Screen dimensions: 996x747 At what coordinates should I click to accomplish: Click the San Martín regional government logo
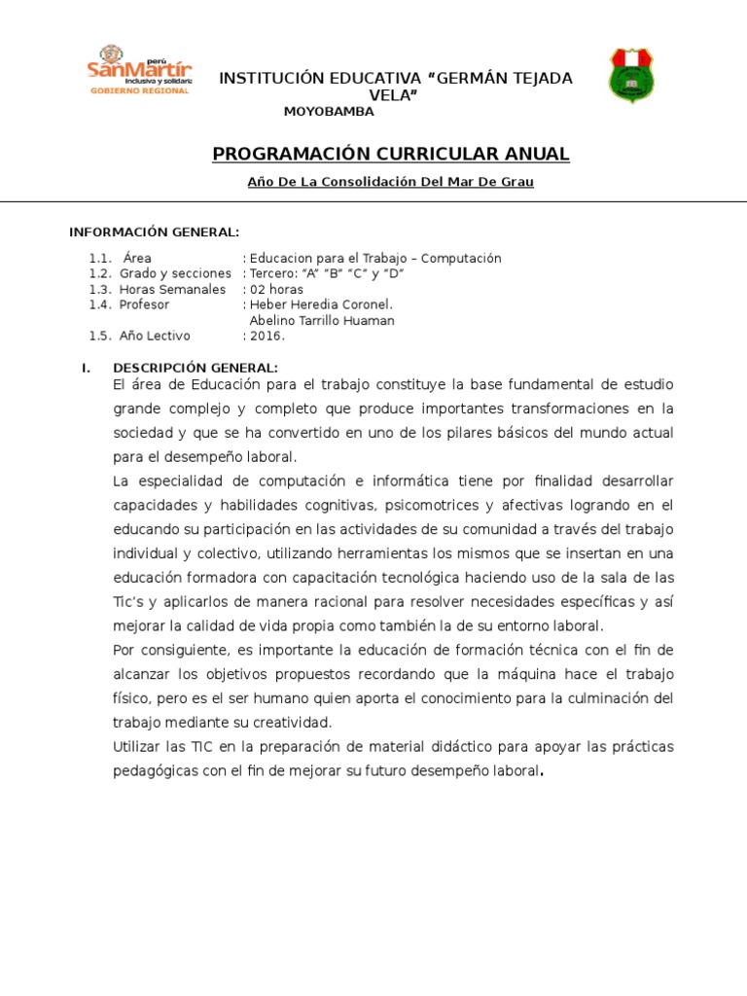[x=139, y=70]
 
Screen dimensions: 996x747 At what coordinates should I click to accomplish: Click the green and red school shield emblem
[x=631, y=75]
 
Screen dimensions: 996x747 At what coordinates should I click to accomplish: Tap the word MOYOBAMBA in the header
[x=329, y=112]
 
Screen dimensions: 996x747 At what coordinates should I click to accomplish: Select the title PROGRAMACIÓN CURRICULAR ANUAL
[x=391, y=155]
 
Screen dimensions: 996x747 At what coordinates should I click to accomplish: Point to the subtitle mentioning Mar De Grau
[x=392, y=183]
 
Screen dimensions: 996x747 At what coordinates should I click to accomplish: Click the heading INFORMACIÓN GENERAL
[x=154, y=231]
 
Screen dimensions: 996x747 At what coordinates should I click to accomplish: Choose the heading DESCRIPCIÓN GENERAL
[x=196, y=368]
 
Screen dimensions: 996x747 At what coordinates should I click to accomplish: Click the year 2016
[x=267, y=337]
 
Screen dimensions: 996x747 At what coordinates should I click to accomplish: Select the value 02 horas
[x=276, y=290]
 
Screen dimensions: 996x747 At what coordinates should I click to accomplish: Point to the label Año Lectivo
[x=156, y=337]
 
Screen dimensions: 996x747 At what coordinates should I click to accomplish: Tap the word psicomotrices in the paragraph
[x=430, y=506]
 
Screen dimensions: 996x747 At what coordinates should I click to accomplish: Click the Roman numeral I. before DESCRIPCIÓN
[x=86, y=368]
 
